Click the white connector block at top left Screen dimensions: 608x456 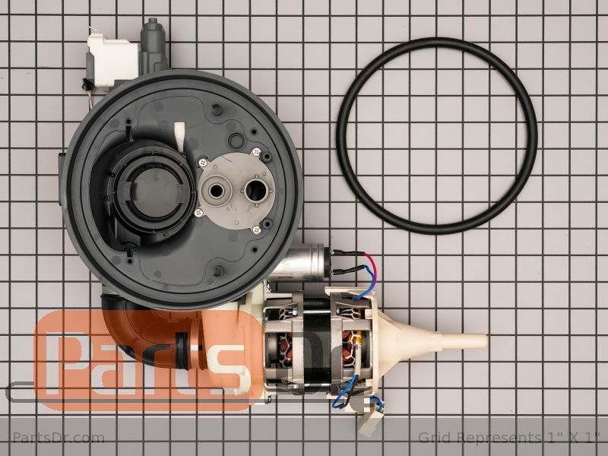(x=112, y=59)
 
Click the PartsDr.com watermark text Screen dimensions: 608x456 (x=59, y=438)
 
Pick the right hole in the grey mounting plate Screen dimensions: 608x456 (x=256, y=191)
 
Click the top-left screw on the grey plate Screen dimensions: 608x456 (x=201, y=163)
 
